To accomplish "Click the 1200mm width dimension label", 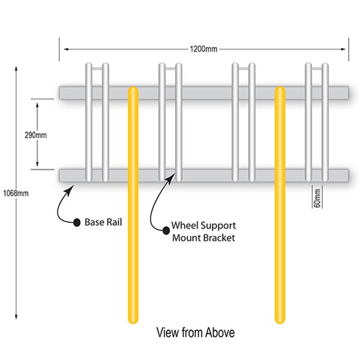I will pos(204,49).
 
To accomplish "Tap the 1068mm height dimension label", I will pos(13,193).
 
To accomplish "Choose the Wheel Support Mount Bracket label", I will pos(204,231).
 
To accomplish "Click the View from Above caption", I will pos(195,332).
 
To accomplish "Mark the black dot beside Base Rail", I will pos(77,223).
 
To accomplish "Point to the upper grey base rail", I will pos(204,92).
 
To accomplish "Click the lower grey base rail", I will pos(204,175).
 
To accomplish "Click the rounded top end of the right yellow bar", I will pos(279,91).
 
